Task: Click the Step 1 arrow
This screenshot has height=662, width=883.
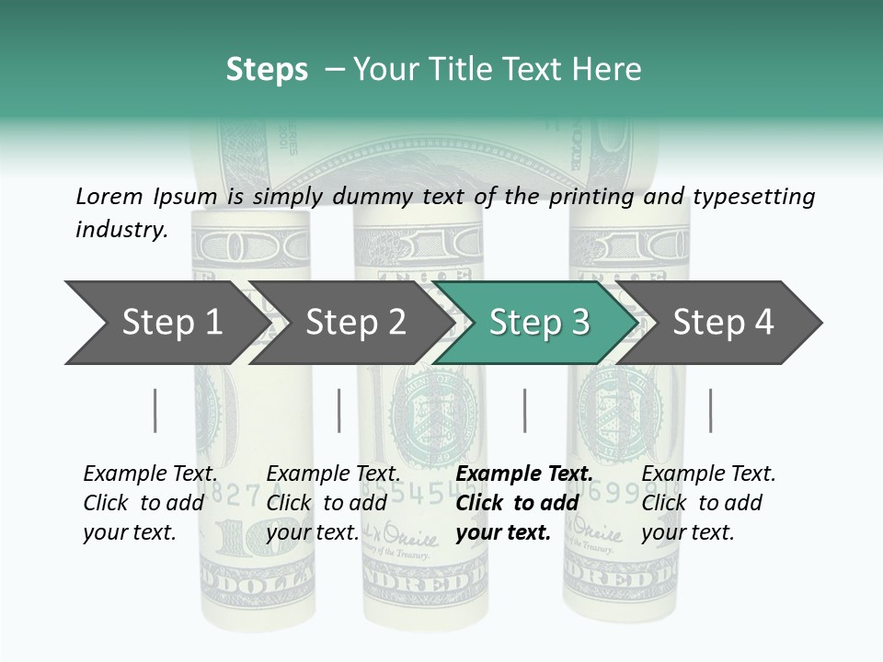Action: coord(171,323)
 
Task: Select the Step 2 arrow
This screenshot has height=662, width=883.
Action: coord(355,323)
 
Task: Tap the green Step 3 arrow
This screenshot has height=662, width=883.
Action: coord(539,323)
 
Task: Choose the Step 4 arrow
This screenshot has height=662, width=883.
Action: coord(723,323)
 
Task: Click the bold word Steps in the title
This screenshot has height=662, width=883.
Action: coord(267,70)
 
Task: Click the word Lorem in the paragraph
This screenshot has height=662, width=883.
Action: coord(109,196)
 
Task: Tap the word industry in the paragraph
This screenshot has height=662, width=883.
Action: coord(121,230)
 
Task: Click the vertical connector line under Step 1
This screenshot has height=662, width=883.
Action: coord(155,410)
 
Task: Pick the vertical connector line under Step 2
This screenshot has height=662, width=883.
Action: coord(339,410)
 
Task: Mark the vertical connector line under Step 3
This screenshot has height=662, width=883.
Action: coord(524,410)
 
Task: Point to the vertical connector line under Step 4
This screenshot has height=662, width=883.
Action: coord(710,410)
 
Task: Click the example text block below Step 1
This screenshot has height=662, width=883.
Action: coord(150,503)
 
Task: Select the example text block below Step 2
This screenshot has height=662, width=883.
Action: coord(333,503)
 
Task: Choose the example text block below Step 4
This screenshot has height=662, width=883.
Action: coord(708,503)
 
